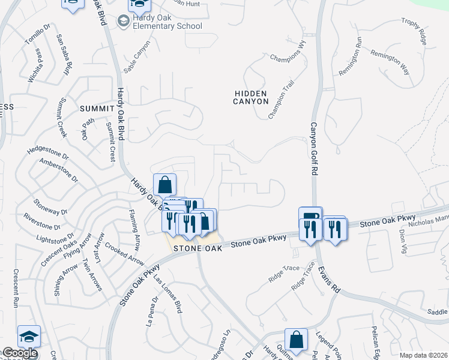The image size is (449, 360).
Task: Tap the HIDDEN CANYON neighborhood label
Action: (251, 97)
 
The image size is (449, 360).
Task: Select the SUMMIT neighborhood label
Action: (97, 108)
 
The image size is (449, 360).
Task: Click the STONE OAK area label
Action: (197, 247)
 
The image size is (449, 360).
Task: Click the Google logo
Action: (19, 353)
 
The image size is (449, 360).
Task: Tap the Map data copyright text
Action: (423, 355)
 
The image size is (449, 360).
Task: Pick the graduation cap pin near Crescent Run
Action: (29, 337)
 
